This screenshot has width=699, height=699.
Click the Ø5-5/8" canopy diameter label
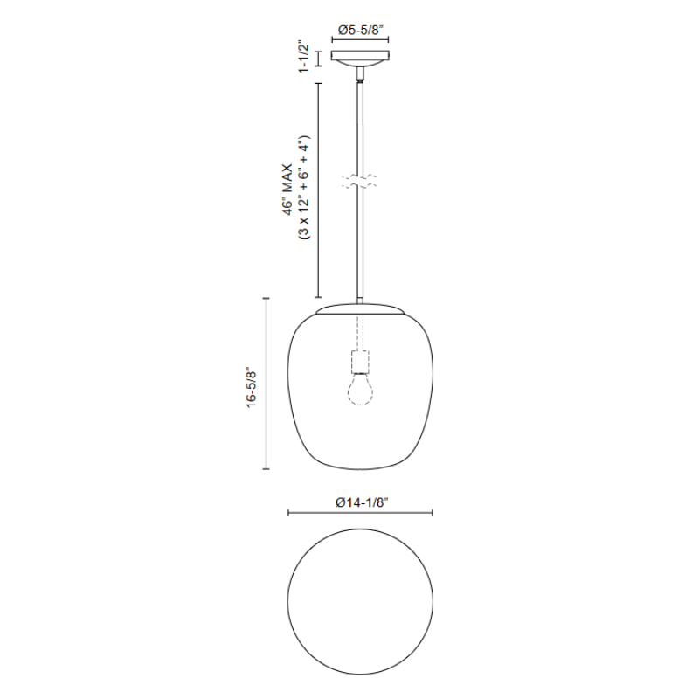(361, 30)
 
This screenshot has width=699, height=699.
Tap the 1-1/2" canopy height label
(303, 58)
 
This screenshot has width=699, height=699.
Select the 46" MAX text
(288, 190)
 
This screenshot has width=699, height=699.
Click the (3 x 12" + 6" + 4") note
(304, 187)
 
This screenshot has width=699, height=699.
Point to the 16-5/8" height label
(251, 387)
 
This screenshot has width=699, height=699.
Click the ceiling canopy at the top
(360, 59)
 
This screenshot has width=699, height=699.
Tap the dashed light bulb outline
(360, 389)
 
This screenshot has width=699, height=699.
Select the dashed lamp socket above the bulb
(360, 362)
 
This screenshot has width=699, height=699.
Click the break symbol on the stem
(359, 181)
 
